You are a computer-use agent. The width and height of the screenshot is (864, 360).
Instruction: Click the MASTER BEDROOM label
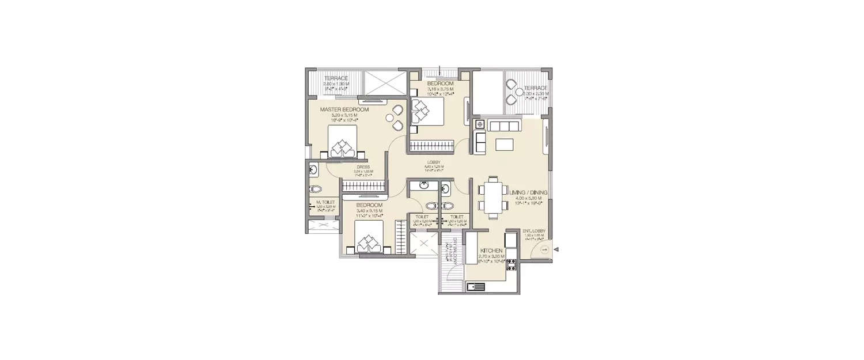[344, 109]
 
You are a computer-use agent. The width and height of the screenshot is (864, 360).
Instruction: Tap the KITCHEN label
[491, 252]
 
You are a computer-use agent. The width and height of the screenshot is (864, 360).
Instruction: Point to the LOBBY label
[434, 162]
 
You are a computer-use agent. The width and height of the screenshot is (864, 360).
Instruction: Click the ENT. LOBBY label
[535, 230]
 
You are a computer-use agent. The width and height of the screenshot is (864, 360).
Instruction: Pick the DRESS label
[363, 167]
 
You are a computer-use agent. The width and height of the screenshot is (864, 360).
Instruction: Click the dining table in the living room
[492, 197]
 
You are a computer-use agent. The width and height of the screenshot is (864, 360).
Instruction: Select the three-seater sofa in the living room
[503, 126]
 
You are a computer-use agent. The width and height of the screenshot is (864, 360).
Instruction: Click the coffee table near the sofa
[503, 144]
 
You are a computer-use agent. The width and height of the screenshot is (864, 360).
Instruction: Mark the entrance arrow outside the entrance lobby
[556, 249]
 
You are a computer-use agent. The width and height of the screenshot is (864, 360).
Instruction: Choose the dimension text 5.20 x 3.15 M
[344, 115]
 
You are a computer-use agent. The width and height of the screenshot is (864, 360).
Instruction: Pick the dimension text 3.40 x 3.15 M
[369, 211]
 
